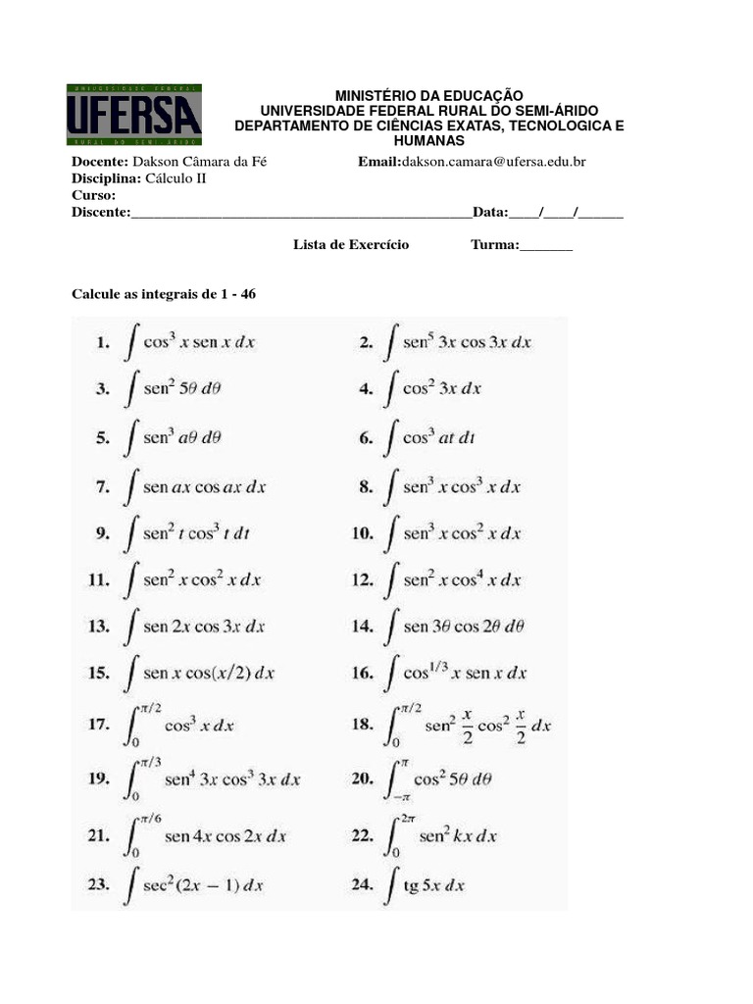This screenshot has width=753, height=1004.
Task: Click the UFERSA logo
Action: (x=134, y=114)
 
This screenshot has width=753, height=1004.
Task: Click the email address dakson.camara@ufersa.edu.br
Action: (x=493, y=161)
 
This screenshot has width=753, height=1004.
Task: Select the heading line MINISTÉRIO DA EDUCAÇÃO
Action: (x=429, y=95)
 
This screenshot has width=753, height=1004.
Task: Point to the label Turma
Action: (x=493, y=244)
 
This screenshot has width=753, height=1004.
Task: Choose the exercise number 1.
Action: (x=101, y=343)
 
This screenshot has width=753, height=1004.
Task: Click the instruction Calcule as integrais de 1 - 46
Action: (x=164, y=293)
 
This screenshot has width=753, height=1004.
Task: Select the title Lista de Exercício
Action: (x=351, y=244)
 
